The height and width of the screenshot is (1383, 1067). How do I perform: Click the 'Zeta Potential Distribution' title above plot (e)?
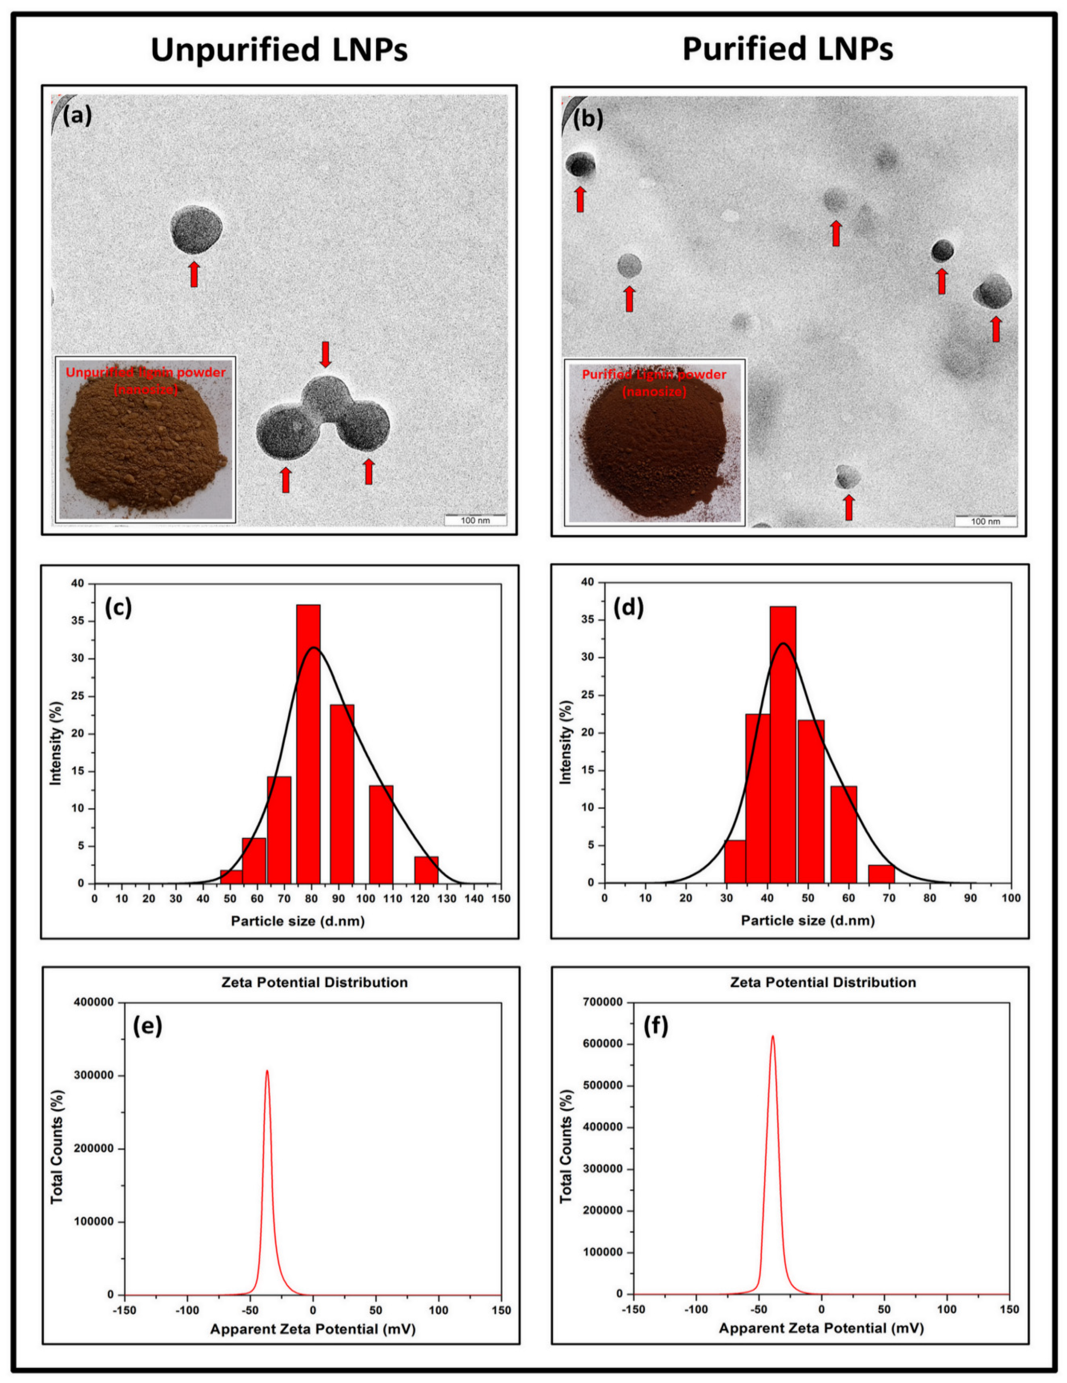[314, 982]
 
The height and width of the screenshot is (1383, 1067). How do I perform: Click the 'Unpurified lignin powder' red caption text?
[146, 372]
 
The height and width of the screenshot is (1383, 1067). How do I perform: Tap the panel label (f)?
[656, 1026]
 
